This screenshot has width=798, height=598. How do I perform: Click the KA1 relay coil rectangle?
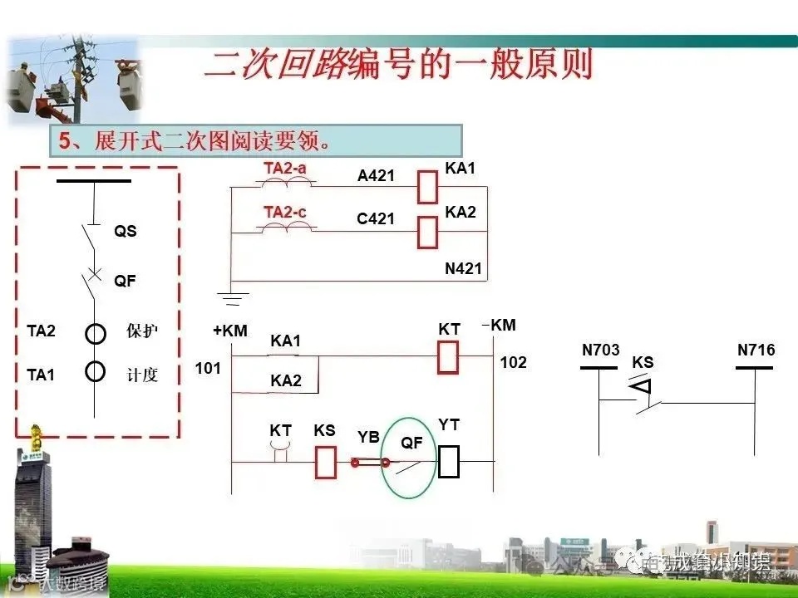[427, 187]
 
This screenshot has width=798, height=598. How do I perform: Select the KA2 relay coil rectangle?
[427, 233]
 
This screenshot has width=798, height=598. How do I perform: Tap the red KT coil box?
[449, 356]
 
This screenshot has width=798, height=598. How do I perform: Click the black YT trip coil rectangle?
[449, 462]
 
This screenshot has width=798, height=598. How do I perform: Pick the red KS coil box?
[326, 462]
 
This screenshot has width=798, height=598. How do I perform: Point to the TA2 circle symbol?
[96, 334]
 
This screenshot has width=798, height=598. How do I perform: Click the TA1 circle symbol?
[96, 370]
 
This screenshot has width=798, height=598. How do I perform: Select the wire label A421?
[376, 175]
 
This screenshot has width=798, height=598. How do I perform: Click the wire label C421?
[376, 219]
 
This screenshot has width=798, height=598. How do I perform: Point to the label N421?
[464, 269]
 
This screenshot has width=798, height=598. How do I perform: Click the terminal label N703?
[600, 350]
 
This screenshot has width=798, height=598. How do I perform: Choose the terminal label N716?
[756, 350]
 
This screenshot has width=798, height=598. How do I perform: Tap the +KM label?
[230, 331]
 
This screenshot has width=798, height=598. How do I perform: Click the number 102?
[513, 363]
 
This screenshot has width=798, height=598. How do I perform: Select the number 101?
[208, 367]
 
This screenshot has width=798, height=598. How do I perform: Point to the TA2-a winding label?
[285, 169]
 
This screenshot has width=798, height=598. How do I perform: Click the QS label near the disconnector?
[126, 232]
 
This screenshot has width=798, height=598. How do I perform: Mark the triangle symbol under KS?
[638, 386]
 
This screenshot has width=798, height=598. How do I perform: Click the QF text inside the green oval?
[411, 443]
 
